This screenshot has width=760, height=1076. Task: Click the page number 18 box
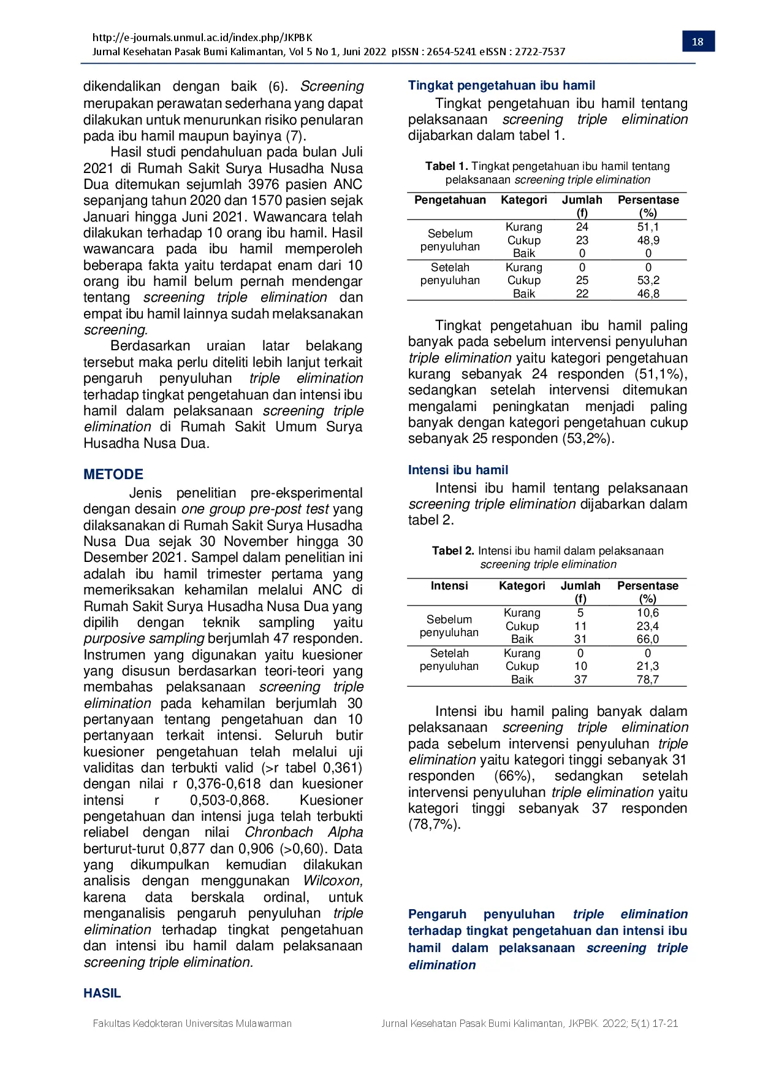coord(697,42)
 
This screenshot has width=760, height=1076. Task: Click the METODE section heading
coord(113,474)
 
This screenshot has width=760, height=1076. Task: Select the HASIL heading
coord(102,993)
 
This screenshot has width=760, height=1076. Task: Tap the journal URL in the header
coord(202,37)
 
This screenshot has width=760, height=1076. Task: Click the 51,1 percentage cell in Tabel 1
coord(648,227)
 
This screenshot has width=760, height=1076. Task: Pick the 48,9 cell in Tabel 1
coord(648,240)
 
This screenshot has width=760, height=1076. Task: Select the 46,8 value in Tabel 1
coord(648,294)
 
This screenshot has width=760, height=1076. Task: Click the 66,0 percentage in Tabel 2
coord(647,639)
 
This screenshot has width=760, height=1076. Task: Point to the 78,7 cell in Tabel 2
coord(647,680)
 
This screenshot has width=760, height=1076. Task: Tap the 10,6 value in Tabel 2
coord(647,613)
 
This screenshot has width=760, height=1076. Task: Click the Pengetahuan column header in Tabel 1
coord(450,200)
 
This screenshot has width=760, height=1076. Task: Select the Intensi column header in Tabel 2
coord(449,586)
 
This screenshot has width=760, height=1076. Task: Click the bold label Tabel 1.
coord(446,166)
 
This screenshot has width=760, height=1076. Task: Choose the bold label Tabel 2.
coord(453,551)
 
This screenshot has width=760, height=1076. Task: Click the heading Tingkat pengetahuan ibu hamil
coord(501,85)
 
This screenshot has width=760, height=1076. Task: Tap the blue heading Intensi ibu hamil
coord(458,470)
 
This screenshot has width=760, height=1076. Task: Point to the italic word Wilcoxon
coord(333,881)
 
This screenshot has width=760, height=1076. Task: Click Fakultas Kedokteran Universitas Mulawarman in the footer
coord(192,1023)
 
